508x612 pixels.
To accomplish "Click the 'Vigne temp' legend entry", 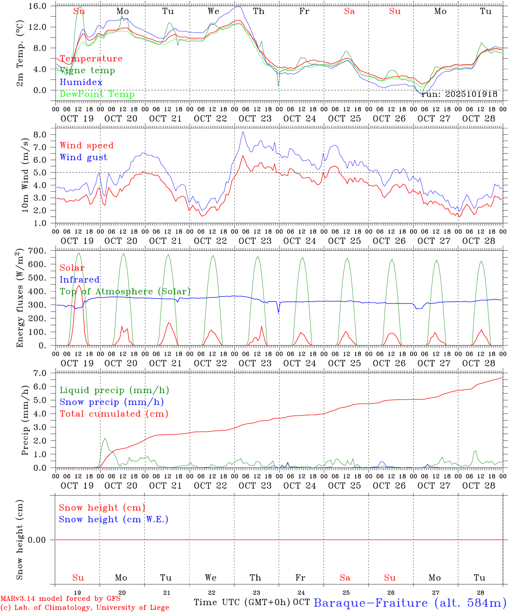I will click(x=87, y=71).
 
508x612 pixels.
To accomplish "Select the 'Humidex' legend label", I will click(x=81, y=82).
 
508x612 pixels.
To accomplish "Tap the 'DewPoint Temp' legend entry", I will click(x=97, y=94).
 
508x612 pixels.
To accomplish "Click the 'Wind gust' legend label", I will click(x=83, y=157).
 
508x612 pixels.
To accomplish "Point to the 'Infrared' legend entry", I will click(x=80, y=280).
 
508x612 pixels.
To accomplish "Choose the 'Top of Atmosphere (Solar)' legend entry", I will click(x=125, y=292).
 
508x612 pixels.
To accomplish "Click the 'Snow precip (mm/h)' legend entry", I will click(x=111, y=402).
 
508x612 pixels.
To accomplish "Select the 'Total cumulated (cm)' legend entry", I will click(x=114, y=414).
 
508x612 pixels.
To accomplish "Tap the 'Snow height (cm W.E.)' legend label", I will click(x=114, y=519).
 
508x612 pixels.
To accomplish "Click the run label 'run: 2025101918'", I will click(x=459, y=94).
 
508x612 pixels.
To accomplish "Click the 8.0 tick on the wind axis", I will click(x=39, y=135).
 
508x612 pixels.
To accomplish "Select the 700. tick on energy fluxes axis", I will click(x=37, y=251).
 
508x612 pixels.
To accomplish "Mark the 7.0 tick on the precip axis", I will click(x=39, y=373).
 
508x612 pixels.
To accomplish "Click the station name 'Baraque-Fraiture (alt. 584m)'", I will click(x=410, y=603).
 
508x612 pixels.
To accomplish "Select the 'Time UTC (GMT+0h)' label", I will click(x=242, y=602).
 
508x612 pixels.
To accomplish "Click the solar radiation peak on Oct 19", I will click(x=79, y=286).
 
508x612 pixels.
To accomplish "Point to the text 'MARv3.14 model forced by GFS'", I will click(x=60, y=598).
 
